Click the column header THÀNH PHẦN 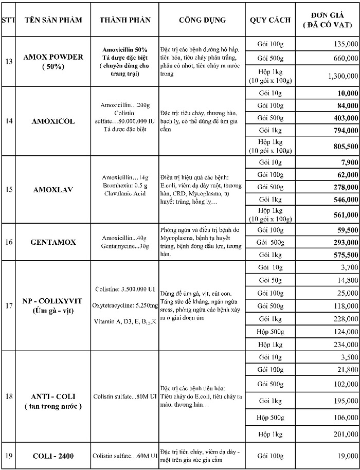[125, 20]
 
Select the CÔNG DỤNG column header [202, 20]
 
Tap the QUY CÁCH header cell [270, 20]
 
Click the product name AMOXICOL [53, 121]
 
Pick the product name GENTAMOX [53, 242]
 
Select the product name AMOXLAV [53, 189]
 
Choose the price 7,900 [349, 162]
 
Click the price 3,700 [349, 267]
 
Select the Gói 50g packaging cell [271, 280]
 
